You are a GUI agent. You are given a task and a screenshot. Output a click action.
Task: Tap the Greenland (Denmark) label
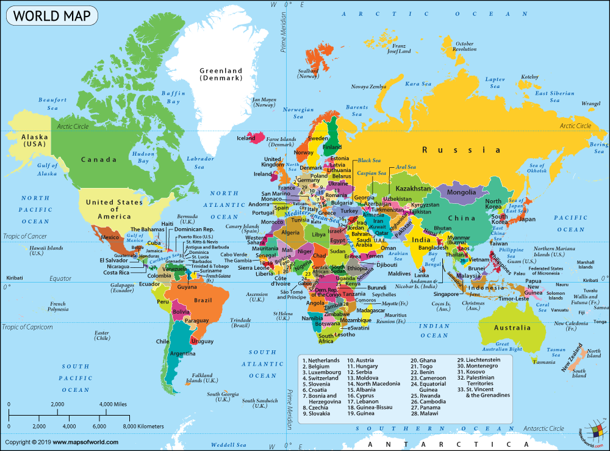(x=221, y=74)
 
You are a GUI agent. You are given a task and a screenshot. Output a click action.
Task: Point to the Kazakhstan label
(x=412, y=189)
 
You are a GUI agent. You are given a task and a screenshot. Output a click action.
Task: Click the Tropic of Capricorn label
(x=27, y=327)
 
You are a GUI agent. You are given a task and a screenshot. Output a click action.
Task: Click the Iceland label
(x=246, y=139)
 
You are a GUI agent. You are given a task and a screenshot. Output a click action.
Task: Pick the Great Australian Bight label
(x=501, y=347)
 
